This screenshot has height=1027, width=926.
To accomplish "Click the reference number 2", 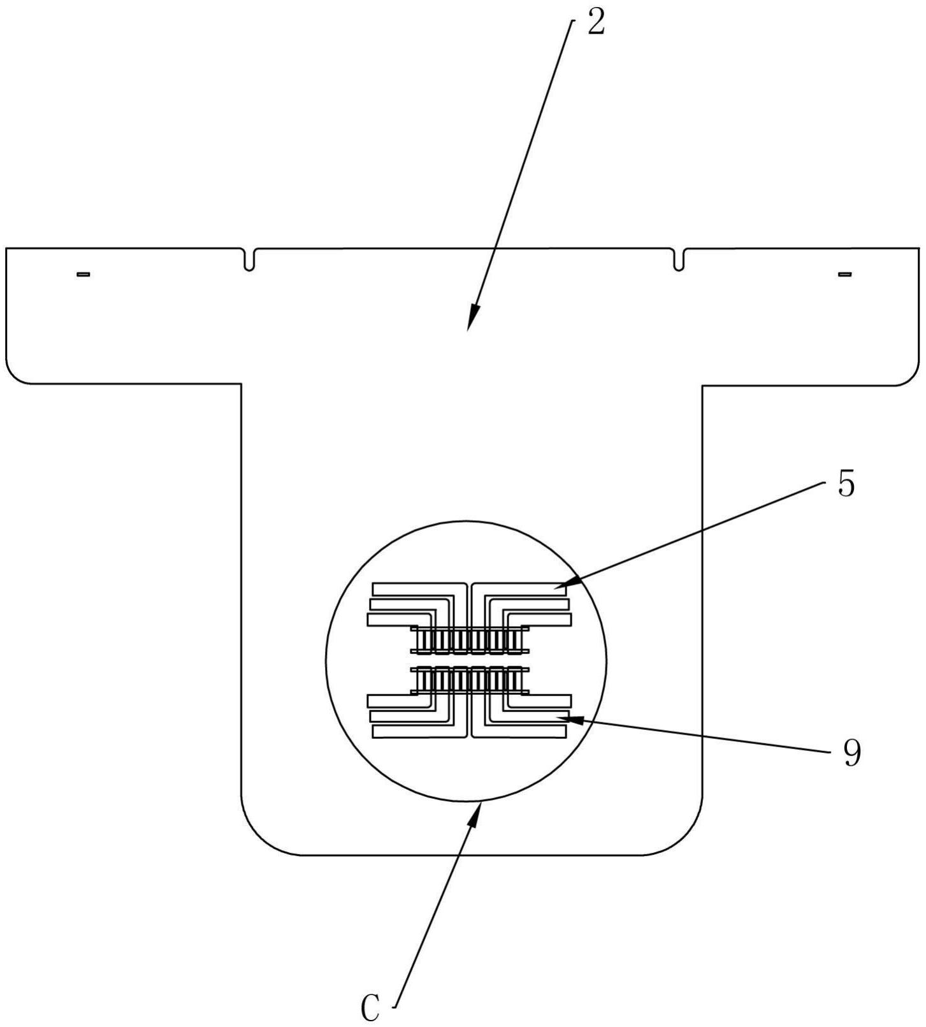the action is point(595,24).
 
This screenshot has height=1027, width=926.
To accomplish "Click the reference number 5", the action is point(845,484).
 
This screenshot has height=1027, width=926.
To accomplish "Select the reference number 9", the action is point(851,753).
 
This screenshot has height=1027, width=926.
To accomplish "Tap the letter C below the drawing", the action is point(370,1008).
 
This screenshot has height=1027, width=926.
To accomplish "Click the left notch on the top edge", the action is point(249,259).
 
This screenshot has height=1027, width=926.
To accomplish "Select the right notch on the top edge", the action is point(679,259).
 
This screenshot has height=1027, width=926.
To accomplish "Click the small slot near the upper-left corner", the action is point(83,274).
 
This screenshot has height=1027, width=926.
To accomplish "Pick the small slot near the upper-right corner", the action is point(845,274).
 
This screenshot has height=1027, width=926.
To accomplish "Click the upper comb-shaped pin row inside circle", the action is point(470,639).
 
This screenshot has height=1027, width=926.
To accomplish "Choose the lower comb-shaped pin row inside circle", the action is point(470,680).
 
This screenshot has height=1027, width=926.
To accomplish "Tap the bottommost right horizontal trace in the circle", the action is point(519,733).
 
